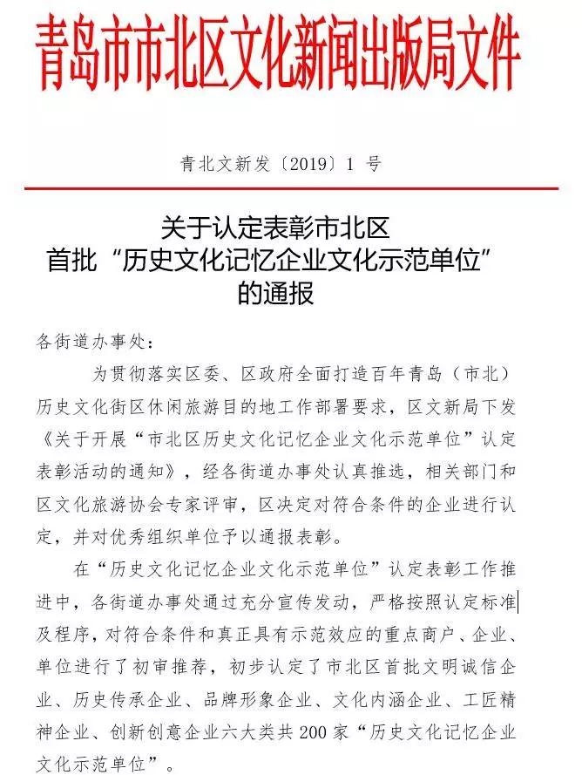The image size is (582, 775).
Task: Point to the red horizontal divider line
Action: click(291, 188)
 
